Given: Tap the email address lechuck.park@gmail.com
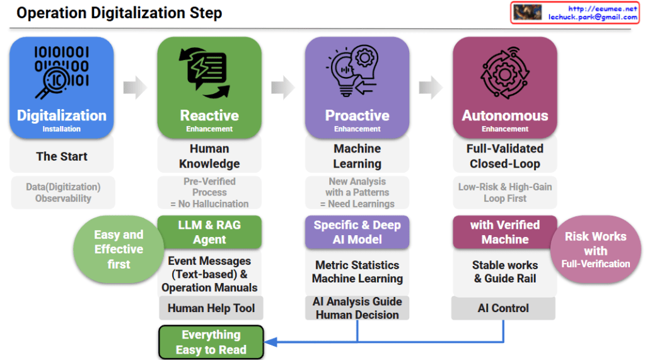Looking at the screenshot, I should [593, 17].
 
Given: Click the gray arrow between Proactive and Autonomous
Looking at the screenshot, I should [431, 88].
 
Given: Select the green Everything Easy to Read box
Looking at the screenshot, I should [211, 342].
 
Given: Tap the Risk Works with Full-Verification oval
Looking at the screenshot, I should [595, 249].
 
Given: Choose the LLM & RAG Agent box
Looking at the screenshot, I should [209, 232].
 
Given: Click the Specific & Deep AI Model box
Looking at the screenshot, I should [357, 232].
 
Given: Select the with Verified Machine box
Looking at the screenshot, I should [504, 232].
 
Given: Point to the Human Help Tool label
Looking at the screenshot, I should [211, 308].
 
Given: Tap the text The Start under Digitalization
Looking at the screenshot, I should [62, 156].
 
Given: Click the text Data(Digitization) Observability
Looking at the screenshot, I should [63, 192].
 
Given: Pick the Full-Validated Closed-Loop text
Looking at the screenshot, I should [504, 156].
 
